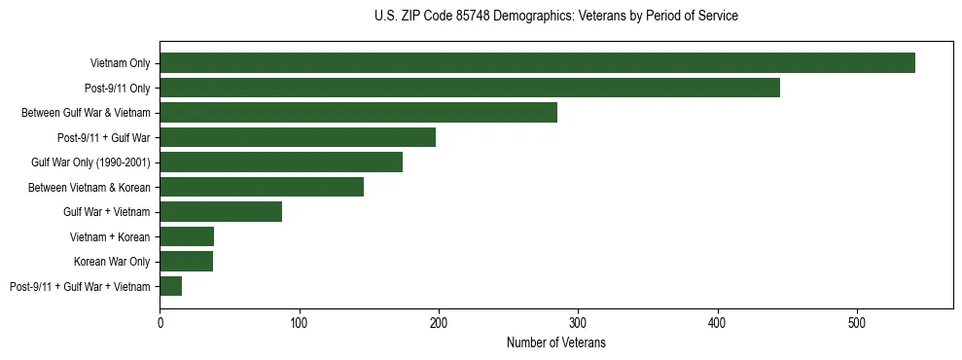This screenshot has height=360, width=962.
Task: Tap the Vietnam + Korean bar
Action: coord(187,236)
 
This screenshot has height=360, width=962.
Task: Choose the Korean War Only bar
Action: coord(186,261)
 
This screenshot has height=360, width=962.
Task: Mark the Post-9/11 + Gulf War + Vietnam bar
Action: coord(171,286)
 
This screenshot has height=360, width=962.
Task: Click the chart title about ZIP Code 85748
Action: coord(556,17)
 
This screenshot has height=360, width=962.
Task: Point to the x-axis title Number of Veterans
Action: coord(556,343)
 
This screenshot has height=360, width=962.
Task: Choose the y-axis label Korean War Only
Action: coord(112,262)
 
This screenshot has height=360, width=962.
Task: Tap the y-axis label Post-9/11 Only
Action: coord(117,89)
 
